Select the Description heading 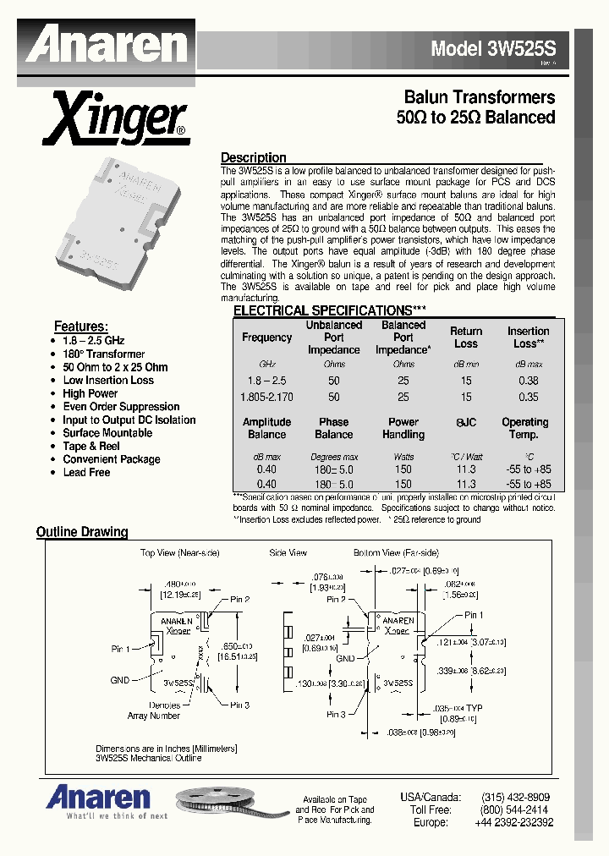(253, 158)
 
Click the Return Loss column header (466, 337)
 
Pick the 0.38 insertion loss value (528, 381)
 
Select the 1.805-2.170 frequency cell (266, 397)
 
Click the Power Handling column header (403, 428)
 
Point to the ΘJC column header (466, 422)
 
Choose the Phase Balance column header (333, 428)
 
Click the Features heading (80, 326)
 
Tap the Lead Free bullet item (86, 472)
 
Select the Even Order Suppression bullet (121, 407)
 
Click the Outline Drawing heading (82, 532)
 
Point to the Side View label (288, 552)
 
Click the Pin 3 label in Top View (239, 705)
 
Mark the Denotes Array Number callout (154, 711)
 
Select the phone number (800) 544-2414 (514, 809)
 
